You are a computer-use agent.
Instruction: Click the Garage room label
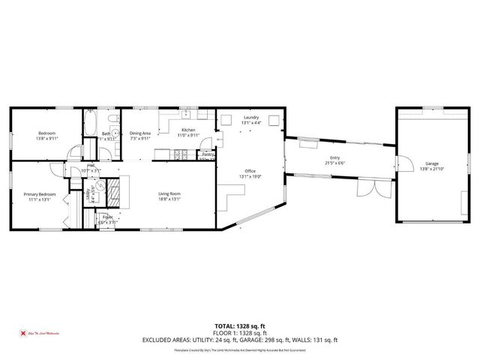(x=432, y=163)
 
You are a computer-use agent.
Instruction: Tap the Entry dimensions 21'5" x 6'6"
(x=334, y=163)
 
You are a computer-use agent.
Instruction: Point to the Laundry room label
(x=251, y=118)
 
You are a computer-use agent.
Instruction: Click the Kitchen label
(x=189, y=130)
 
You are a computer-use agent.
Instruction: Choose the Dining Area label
(x=140, y=133)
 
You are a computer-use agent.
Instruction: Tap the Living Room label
(x=169, y=194)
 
